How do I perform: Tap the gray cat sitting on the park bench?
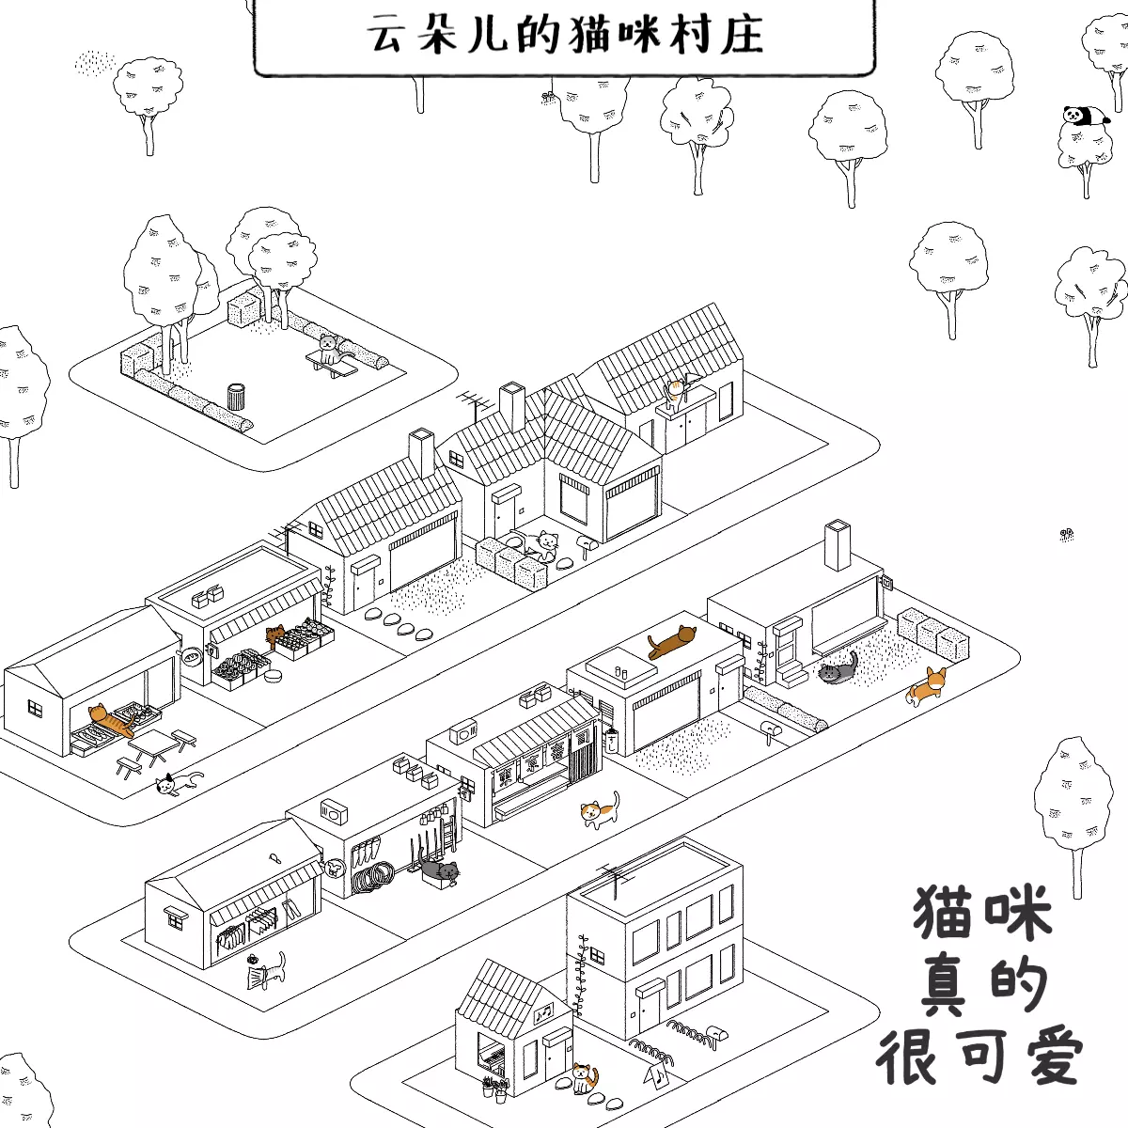pos(328,350)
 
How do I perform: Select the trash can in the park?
pos(236,396)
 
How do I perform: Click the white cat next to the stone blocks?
pos(543,543)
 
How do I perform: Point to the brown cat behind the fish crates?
pos(276,636)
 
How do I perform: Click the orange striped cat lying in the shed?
pos(111,721)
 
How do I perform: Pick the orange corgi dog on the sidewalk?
pos(928,685)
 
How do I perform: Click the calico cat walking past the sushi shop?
pos(599,810)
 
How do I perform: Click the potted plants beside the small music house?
pos(495,1089)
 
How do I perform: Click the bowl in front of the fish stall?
pos(274,676)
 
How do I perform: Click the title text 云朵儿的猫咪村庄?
pos(564,35)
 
